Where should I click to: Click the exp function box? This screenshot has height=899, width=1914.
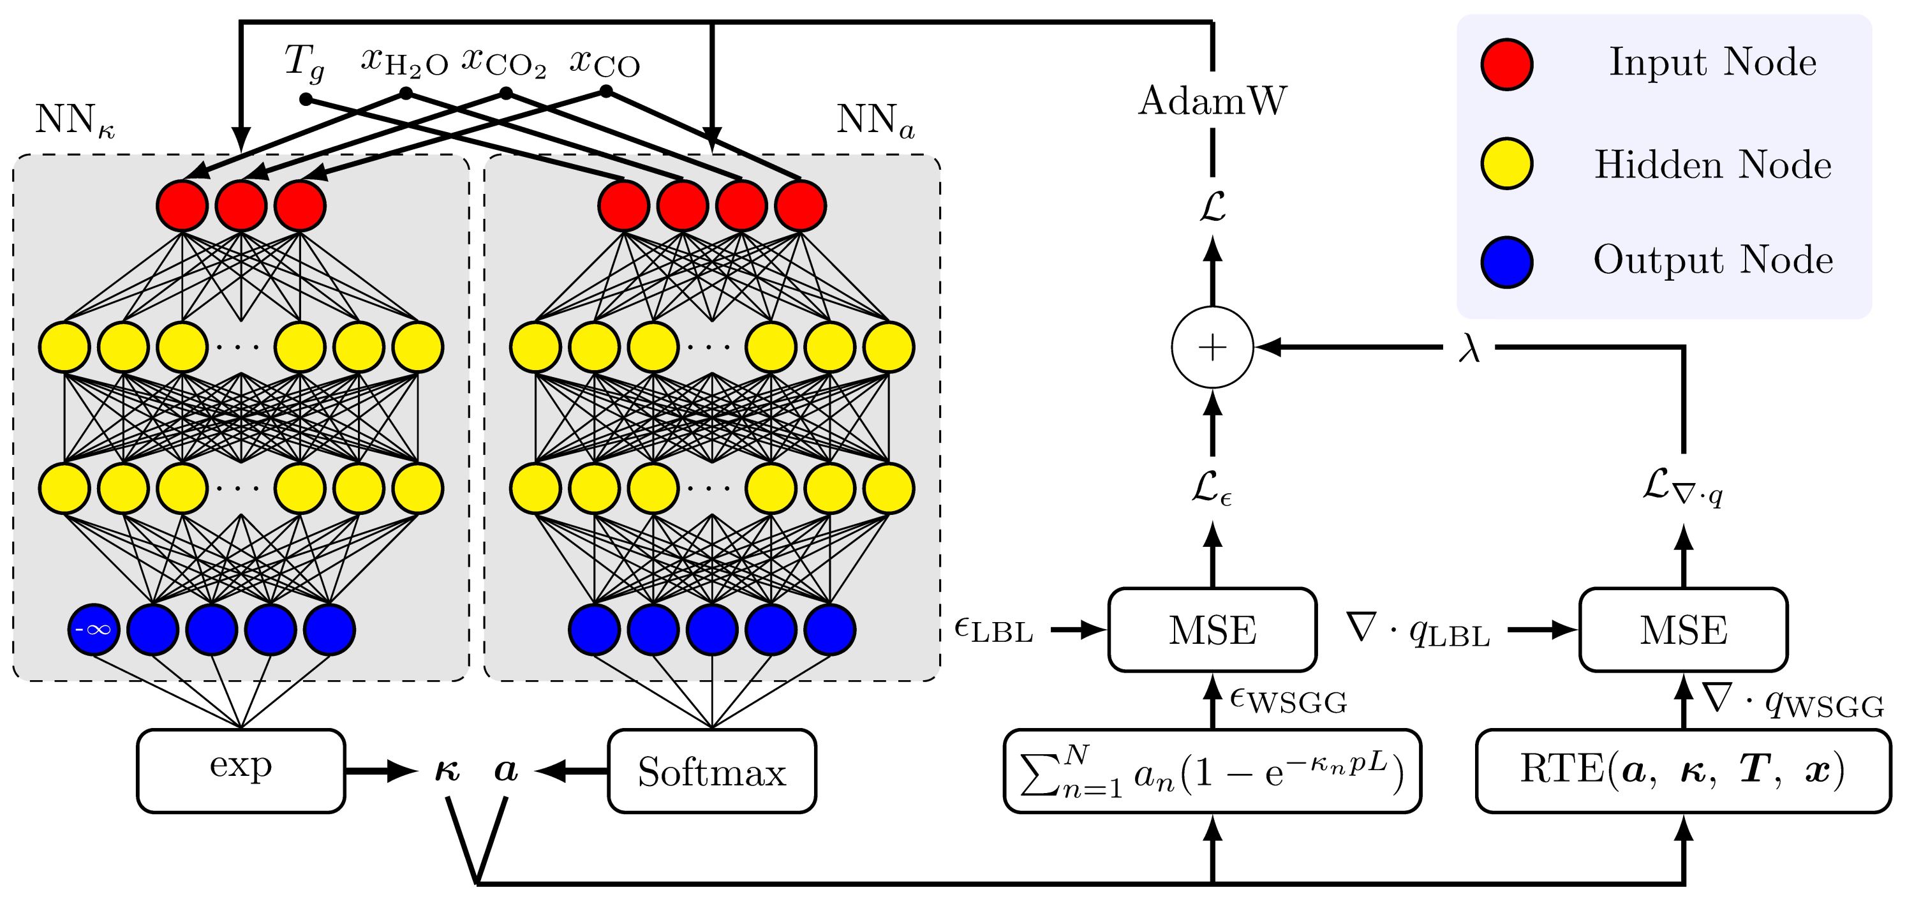pyautogui.click(x=241, y=771)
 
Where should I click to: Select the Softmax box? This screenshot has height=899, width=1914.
pyautogui.click(x=712, y=771)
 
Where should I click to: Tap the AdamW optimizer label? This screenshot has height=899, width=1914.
pyautogui.click(x=1213, y=100)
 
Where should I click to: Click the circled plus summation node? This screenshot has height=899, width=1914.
pyautogui.click(x=1213, y=347)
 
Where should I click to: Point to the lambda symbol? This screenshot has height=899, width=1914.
pyautogui.click(x=1469, y=348)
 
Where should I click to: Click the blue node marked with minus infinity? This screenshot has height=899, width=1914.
pyautogui.click(x=94, y=628)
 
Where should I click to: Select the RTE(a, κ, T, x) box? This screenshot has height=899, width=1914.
pyautogui.click(x=1683, y=771)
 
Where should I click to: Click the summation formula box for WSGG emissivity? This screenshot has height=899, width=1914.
pyautogui.click(x=1213, y=771)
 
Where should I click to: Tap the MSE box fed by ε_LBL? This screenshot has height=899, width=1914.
pyautogui.click(x=1213, y=629)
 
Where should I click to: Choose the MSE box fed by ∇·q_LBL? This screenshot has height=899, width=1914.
pyautogui.click(x=1683, y=629)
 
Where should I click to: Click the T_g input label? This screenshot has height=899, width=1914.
pyautogui.click(x=304, y=63)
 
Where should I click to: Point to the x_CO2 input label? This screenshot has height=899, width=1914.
pyautogui.click(x=504, y=63)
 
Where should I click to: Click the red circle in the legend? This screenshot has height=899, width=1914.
pyautogui.click(x=1506, y=64)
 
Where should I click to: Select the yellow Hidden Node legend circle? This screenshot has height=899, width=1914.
pyautogui.click(x=1506, y=164)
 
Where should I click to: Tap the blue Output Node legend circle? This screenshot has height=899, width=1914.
pyautogui.click(x=1506, y=262)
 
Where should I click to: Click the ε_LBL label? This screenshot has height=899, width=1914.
pyautogui.click(x=993, y=630)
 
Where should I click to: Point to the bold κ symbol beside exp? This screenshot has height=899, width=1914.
pyautogui.click(x=447, y=771)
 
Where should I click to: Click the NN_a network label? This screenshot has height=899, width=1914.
pyautogui.click(x=875, y=121)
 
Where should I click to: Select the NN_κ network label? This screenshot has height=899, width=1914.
pyautogui.click(x=74, y=121)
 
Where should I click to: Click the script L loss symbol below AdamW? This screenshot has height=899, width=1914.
pyautogui.click(x=1213, y=207)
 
